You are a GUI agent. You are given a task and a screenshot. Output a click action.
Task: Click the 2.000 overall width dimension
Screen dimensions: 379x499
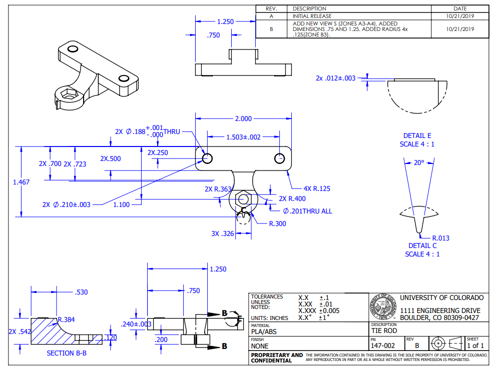243,118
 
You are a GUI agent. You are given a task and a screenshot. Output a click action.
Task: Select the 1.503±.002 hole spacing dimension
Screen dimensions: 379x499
243,137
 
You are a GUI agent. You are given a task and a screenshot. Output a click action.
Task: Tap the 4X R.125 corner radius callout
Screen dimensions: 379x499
316,188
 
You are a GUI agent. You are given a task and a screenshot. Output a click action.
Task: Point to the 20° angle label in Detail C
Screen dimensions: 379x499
418,162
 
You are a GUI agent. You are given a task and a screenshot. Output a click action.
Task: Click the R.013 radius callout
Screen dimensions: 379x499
440,238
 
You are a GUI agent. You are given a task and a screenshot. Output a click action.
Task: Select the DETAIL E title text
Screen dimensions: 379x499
417,135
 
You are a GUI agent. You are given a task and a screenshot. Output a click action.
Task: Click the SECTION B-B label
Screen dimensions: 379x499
67,353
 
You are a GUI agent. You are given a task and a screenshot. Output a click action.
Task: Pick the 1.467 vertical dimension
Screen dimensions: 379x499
21,182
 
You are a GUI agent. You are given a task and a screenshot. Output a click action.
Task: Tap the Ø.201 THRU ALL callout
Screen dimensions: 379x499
307,211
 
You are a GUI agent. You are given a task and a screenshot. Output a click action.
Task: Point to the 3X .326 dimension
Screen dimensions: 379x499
222,233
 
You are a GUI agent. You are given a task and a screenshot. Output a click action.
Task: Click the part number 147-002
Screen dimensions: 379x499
383,345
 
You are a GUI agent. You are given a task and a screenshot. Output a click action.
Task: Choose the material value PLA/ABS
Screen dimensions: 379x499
263,331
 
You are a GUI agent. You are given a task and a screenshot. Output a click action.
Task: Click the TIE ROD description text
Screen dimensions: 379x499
384,330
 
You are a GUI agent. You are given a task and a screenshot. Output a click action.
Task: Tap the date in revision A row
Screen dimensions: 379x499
459,16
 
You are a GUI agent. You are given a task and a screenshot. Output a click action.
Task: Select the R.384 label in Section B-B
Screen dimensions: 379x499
66,319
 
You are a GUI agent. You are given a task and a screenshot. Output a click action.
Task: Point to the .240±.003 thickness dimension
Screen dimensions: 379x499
136,324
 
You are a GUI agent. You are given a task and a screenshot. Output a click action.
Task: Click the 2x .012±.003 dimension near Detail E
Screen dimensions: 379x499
335,78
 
